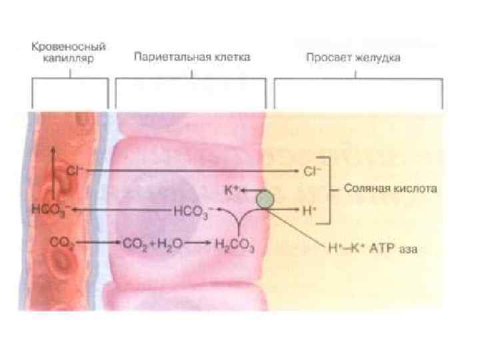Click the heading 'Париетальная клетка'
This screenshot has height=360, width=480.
click(x=192, y=57)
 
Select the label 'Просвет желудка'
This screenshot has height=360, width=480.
click(x=353, y=57)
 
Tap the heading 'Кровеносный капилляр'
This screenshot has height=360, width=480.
click(x=70, y=53)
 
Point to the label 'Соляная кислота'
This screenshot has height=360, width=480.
click(x=391, y=189)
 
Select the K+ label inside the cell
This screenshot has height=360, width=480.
click(x=231, y=190)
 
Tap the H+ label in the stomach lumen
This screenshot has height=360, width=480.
click(x=309, y=210)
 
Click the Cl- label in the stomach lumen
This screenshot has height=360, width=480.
click(x=311, y=171)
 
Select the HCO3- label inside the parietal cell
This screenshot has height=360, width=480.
click(x=193, y=213)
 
